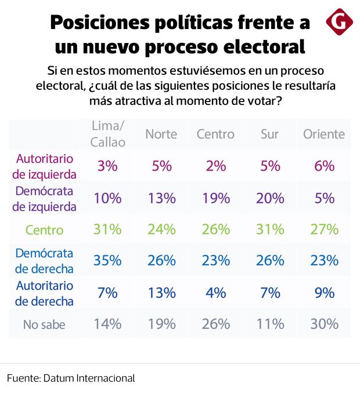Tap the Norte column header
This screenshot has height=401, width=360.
coord(161,134)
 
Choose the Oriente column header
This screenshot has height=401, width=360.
coord(324,134)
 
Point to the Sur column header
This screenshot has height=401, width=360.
coord(269,134)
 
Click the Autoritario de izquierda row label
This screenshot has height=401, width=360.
coord(44,165)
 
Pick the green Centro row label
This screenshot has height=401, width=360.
coord(44,230)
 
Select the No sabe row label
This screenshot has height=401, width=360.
coord(44,325)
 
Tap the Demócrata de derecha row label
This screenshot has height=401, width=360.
coord(44,261)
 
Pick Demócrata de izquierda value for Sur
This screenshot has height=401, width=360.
coord(269,197)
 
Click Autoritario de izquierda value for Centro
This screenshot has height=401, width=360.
coord(215,165)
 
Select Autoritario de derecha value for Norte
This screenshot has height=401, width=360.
coord(161,292)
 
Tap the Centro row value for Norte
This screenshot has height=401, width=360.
coord(161,229)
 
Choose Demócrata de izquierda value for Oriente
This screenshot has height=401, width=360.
coord(324,197)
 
